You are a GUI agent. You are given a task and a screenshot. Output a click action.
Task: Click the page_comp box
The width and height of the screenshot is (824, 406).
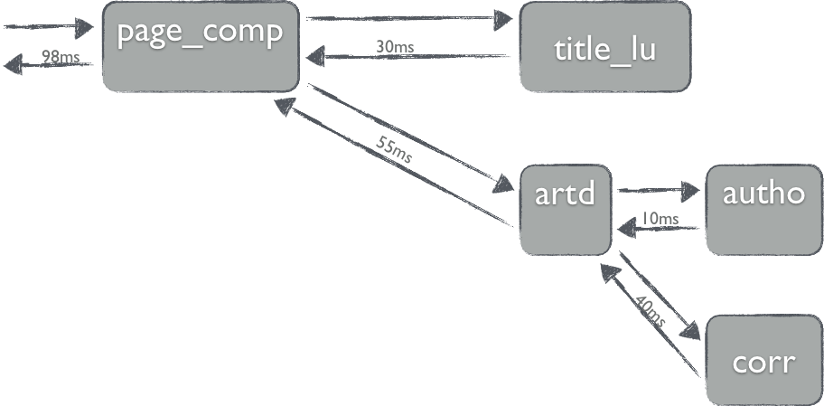click(200, 47)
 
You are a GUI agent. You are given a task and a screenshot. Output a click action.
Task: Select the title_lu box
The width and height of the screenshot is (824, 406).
click(604, 47)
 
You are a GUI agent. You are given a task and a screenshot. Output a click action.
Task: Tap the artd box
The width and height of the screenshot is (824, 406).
click(566, 210)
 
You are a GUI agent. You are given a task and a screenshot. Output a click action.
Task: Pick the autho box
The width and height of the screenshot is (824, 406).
click(763, 210)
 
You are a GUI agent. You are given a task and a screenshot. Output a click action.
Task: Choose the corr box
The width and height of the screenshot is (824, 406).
click(763, 360)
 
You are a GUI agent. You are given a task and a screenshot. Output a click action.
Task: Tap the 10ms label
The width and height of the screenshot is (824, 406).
click(659, 218)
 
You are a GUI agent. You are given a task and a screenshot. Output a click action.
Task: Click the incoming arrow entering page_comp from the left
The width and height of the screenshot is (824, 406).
click(50, 28)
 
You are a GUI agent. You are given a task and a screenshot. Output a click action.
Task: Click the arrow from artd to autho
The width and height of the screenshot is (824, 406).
click(658, 191)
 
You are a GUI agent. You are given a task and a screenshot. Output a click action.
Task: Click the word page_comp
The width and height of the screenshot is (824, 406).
click(201, 33)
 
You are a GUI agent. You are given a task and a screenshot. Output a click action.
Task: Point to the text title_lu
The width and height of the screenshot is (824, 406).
click(604, 50)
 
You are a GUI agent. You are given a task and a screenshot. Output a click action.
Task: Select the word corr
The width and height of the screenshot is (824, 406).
click(763, 364)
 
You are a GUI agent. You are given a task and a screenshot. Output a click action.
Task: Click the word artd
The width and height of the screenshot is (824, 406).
click(566, 194)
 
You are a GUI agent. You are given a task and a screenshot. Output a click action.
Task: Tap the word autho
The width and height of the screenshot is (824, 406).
click(763, 194)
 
